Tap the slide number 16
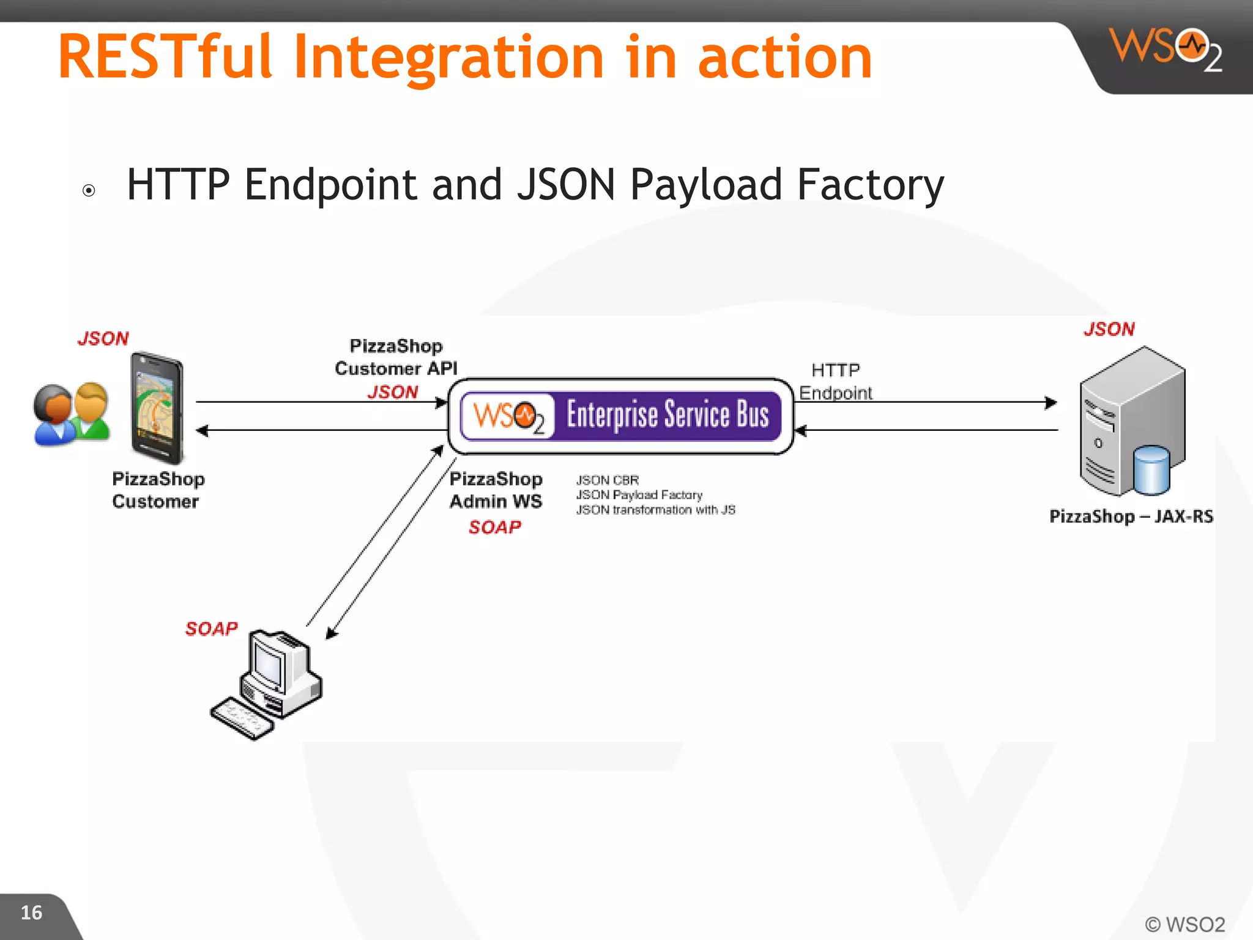tap(31, 912)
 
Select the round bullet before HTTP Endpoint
tap(89, 190)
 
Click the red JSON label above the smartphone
tap(103, 338)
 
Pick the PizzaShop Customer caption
tap(158, 490)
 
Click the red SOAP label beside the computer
tap(211, 629)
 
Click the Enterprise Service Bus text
tap(667, 415)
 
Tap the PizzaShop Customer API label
tap(396, 357)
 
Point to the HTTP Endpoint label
tap(835, 381)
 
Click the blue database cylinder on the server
tap(1151, 470)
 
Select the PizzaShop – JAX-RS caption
tap(1131, 517)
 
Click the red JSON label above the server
tap(1109, 329)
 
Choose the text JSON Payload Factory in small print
tap(639, 494)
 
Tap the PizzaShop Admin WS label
tap(496, 490)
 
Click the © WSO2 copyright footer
tap(1184, 923)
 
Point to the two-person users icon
tap(72, 414)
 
